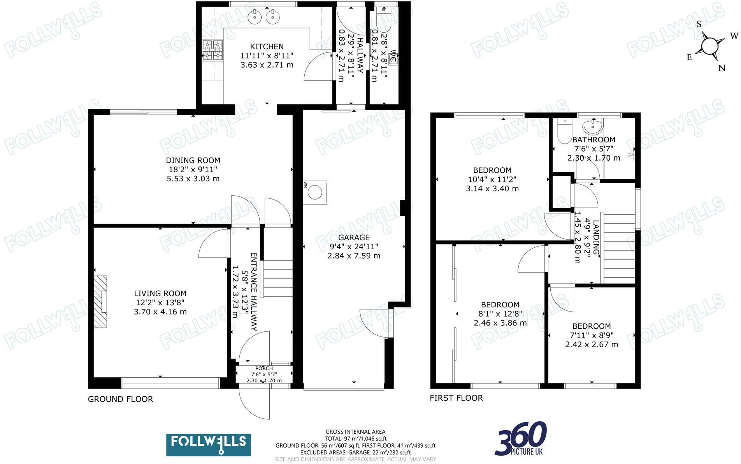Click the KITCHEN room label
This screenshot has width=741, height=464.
point(267,46)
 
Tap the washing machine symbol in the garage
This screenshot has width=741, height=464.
point(315,192)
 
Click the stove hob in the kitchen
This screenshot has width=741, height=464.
point(212,50)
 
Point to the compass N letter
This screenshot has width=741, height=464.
point(722,68)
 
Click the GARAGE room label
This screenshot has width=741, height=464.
point(353,237)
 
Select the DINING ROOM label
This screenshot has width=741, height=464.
point(193,160)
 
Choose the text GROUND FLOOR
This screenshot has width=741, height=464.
point(120,399)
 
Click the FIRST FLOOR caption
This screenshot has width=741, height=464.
point(456,398)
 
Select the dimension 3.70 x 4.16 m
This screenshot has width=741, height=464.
point(160,312)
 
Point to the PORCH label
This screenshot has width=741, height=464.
point(264,368)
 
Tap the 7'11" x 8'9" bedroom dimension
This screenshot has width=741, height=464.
point(592,335)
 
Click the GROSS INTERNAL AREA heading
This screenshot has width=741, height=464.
point(355,431)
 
